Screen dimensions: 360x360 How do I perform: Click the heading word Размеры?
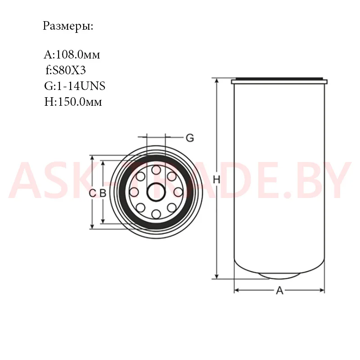(68, 27)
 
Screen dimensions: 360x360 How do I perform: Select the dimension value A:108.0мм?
(72, 54)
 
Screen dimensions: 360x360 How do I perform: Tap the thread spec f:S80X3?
(66, 70)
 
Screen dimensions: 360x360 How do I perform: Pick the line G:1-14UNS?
(75, 86)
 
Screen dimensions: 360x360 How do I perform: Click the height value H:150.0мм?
(73, 102)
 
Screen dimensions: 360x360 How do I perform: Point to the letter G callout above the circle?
(190, 138)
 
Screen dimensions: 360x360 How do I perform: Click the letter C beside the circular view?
(92, 193)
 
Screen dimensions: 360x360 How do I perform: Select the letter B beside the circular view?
(103, 193)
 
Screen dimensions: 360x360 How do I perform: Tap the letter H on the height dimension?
(216, 180)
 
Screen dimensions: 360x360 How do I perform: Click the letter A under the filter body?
(279, 290)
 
